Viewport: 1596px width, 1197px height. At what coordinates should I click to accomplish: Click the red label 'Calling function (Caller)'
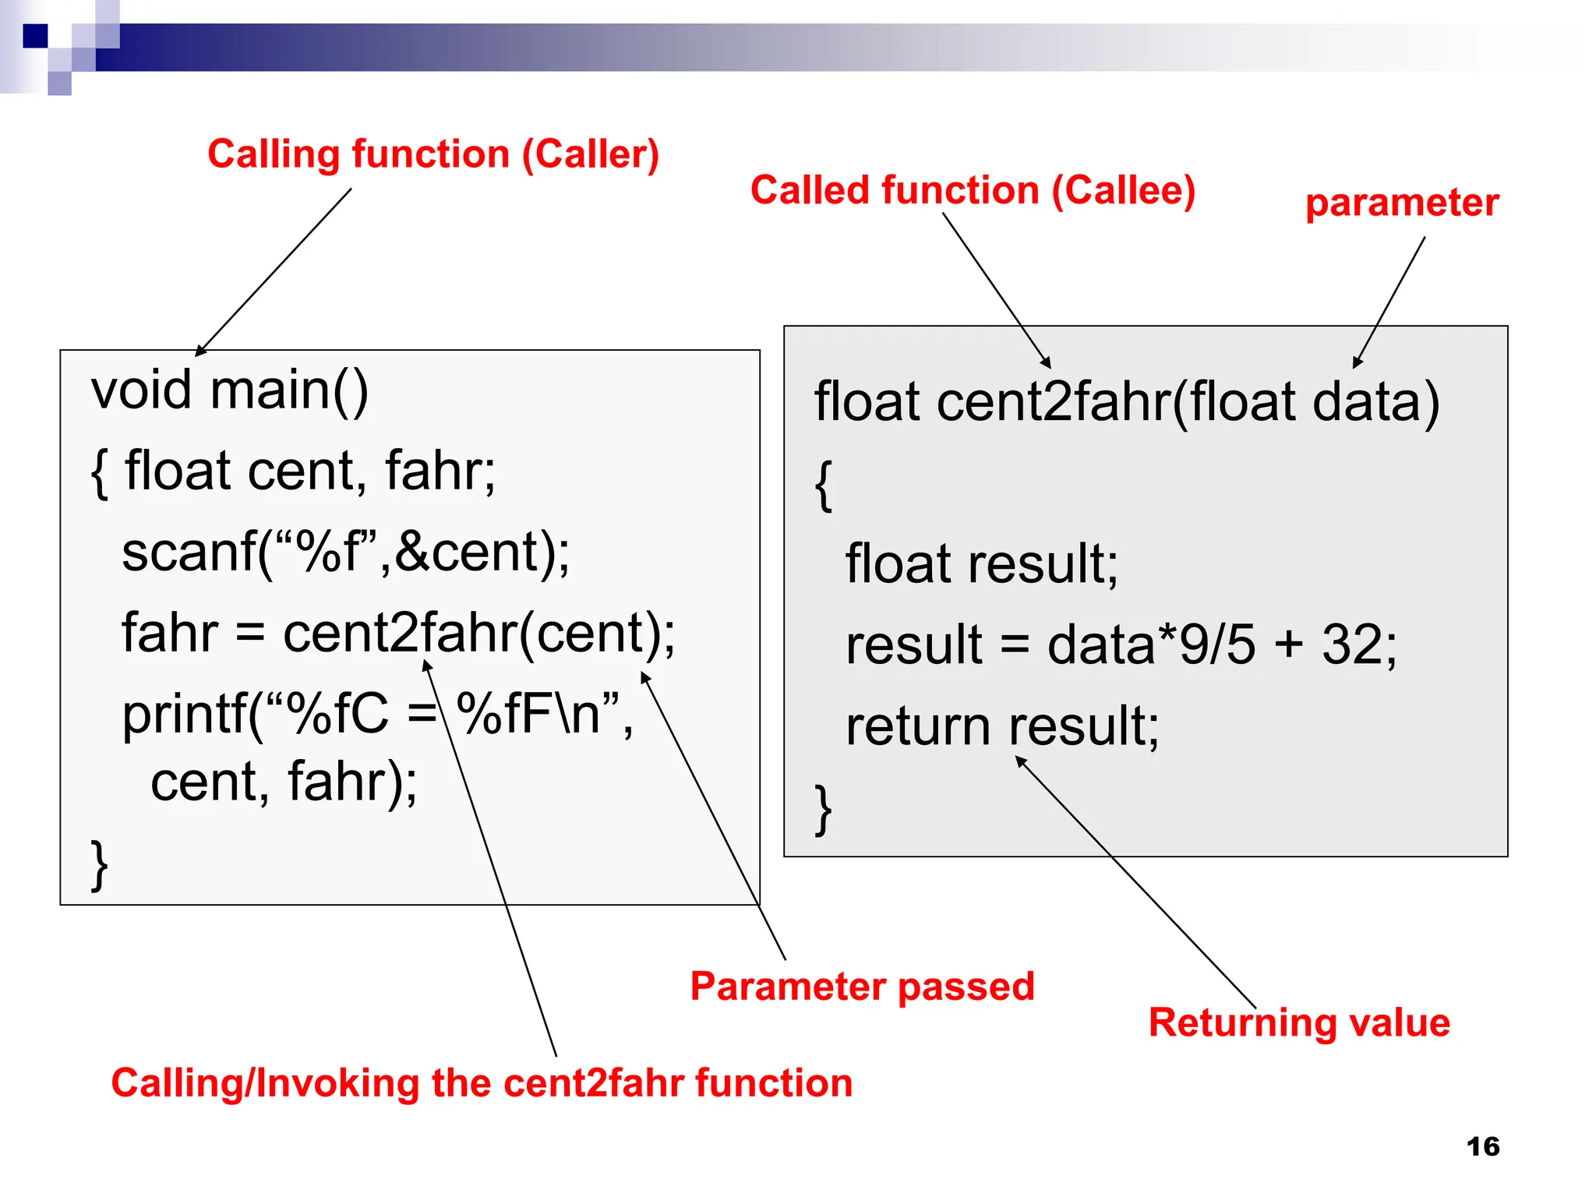point(433,154)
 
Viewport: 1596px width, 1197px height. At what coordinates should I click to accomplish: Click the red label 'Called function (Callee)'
point(973,191)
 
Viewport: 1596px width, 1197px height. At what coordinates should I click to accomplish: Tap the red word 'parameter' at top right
point(1402,203)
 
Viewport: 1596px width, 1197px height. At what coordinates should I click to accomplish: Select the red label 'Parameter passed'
point(862,987)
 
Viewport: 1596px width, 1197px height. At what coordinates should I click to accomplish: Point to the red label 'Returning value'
point(1299,1022)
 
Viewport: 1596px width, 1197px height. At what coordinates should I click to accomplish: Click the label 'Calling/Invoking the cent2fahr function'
point(482,1083)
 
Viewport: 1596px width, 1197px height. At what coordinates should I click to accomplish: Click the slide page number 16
point(1482,1146)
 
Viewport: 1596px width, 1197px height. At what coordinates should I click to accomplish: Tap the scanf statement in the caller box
point(345,552)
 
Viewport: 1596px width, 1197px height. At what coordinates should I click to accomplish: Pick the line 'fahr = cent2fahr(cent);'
point(398,633)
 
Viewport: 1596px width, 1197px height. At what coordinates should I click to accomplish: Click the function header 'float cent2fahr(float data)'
point(1126,402)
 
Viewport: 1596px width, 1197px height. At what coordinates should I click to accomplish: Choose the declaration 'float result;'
point(981,563)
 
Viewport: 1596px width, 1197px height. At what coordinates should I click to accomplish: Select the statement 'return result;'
point(1002,726)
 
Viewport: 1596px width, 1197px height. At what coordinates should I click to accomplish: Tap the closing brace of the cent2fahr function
point(823,810)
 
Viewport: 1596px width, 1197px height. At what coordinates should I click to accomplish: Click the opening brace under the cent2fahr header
point(823,486)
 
